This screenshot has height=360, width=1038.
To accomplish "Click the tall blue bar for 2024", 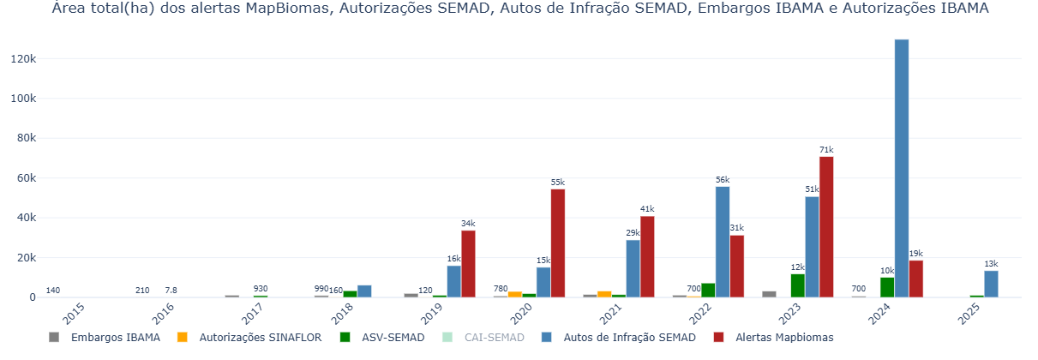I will (x=902, y=168).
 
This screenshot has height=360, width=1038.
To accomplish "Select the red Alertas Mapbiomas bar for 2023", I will (x=826, y=227).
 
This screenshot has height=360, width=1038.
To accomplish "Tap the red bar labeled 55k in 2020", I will (x=558, y=243).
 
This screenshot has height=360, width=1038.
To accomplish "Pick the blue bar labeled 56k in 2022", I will (x=723, y=242).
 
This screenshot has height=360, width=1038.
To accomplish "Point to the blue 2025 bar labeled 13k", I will (x=991, y=285).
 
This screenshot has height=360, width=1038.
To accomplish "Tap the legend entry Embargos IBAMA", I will (x=106, y=338).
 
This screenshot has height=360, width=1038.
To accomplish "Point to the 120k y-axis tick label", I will (x=23, y=58).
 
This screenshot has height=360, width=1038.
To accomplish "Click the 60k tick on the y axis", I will (x=26, y=178).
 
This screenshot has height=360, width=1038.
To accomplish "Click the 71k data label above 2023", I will (x=826, y=150).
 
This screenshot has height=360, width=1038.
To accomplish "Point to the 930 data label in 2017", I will (x=261, y=289).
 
